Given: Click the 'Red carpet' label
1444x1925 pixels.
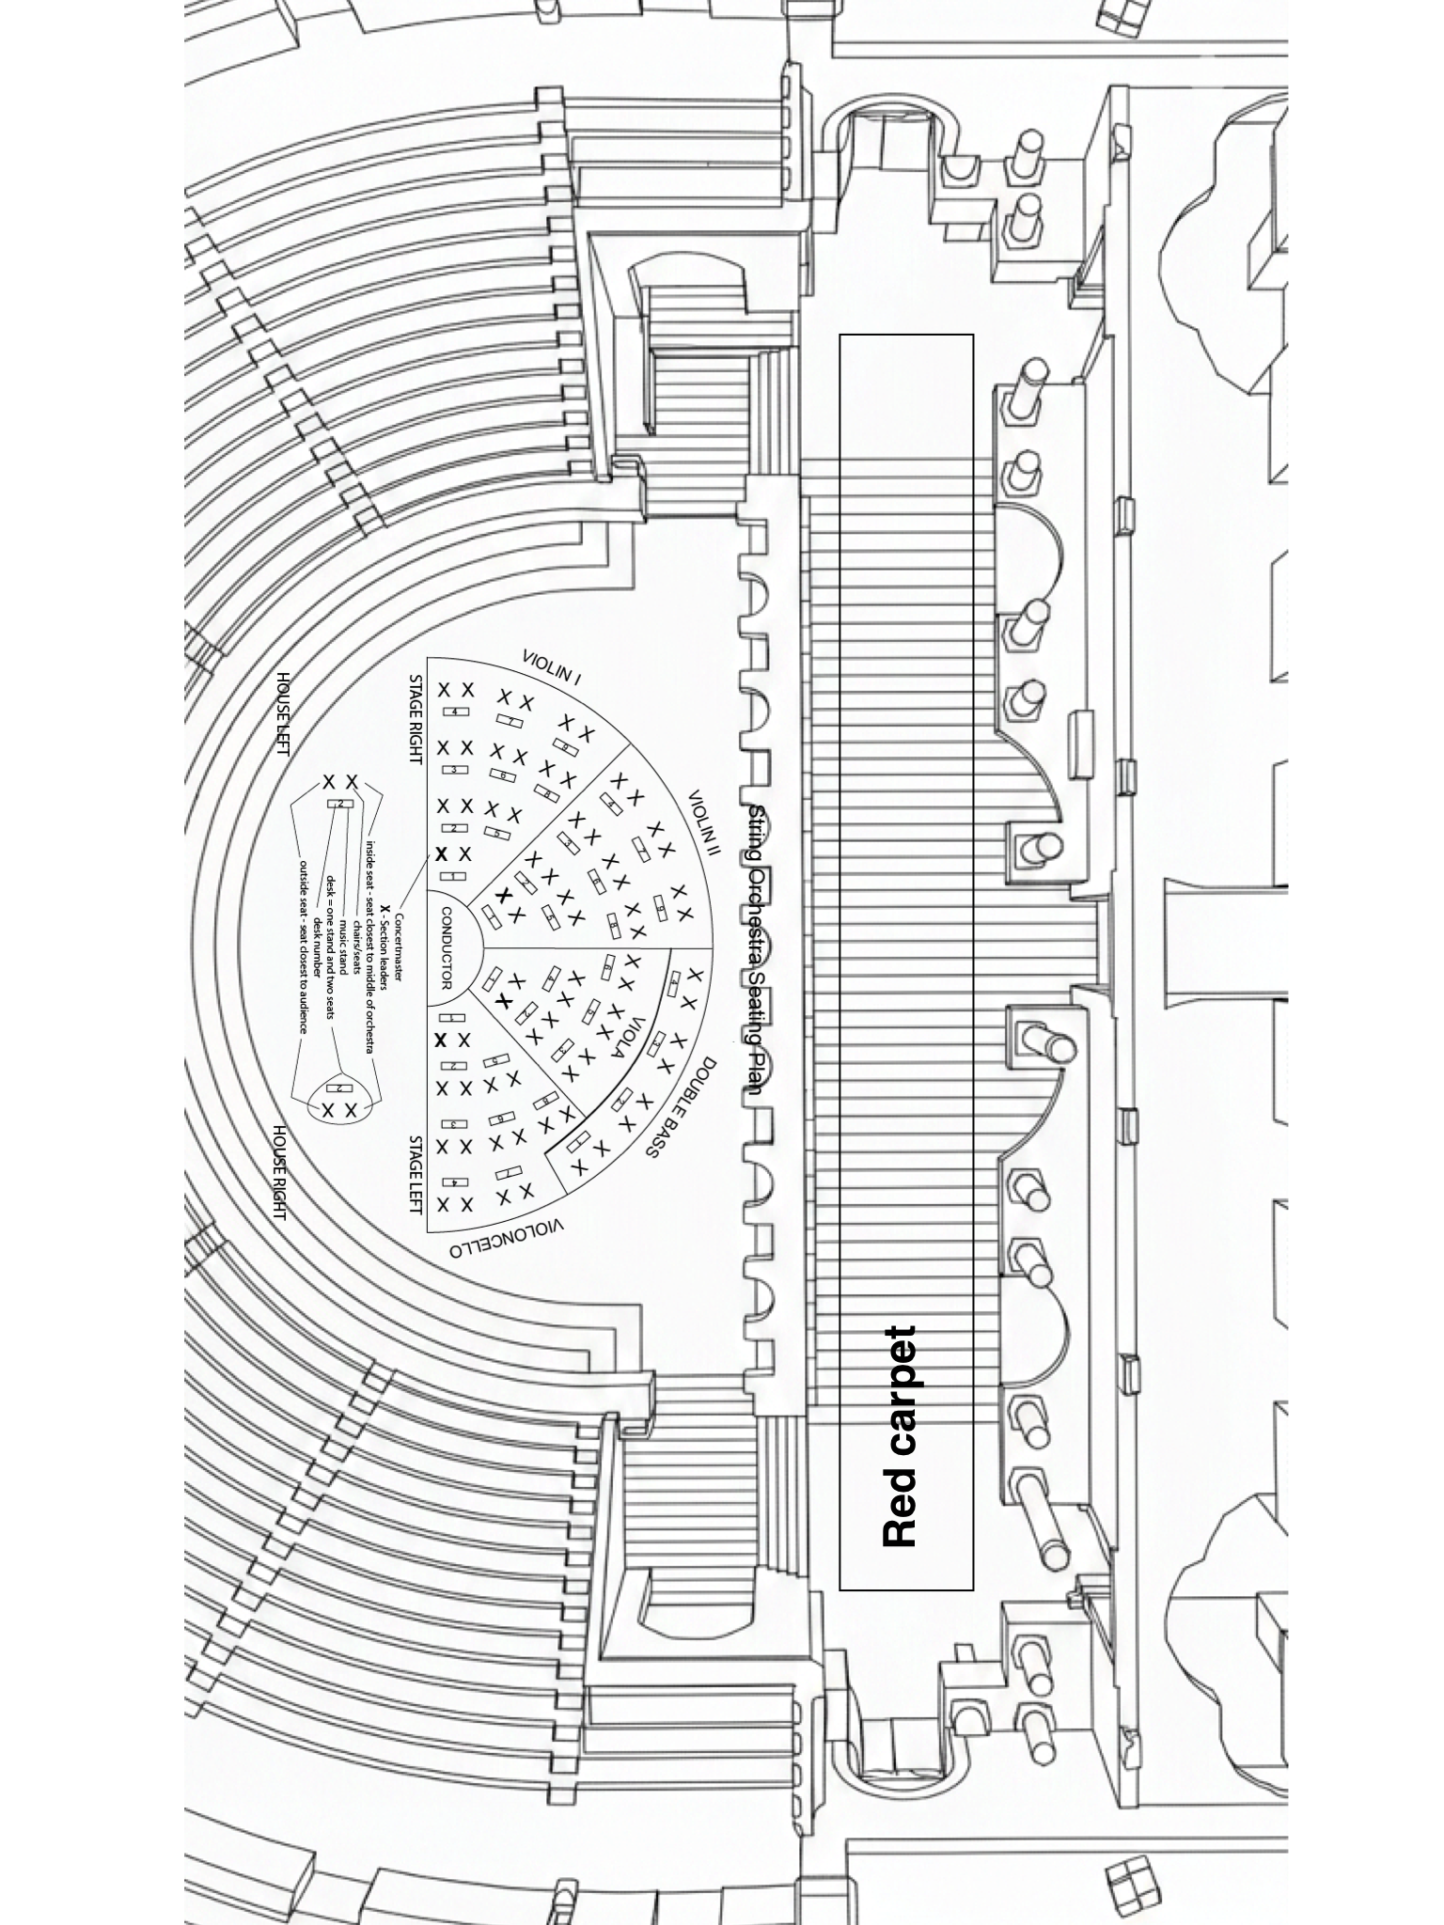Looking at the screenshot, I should click(900, 1437).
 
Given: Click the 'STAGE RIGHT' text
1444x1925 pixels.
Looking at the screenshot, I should click(415, 719).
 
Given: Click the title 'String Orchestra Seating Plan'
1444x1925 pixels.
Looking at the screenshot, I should click(757, 950).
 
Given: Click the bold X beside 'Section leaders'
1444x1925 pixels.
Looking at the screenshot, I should click(384, 910).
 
